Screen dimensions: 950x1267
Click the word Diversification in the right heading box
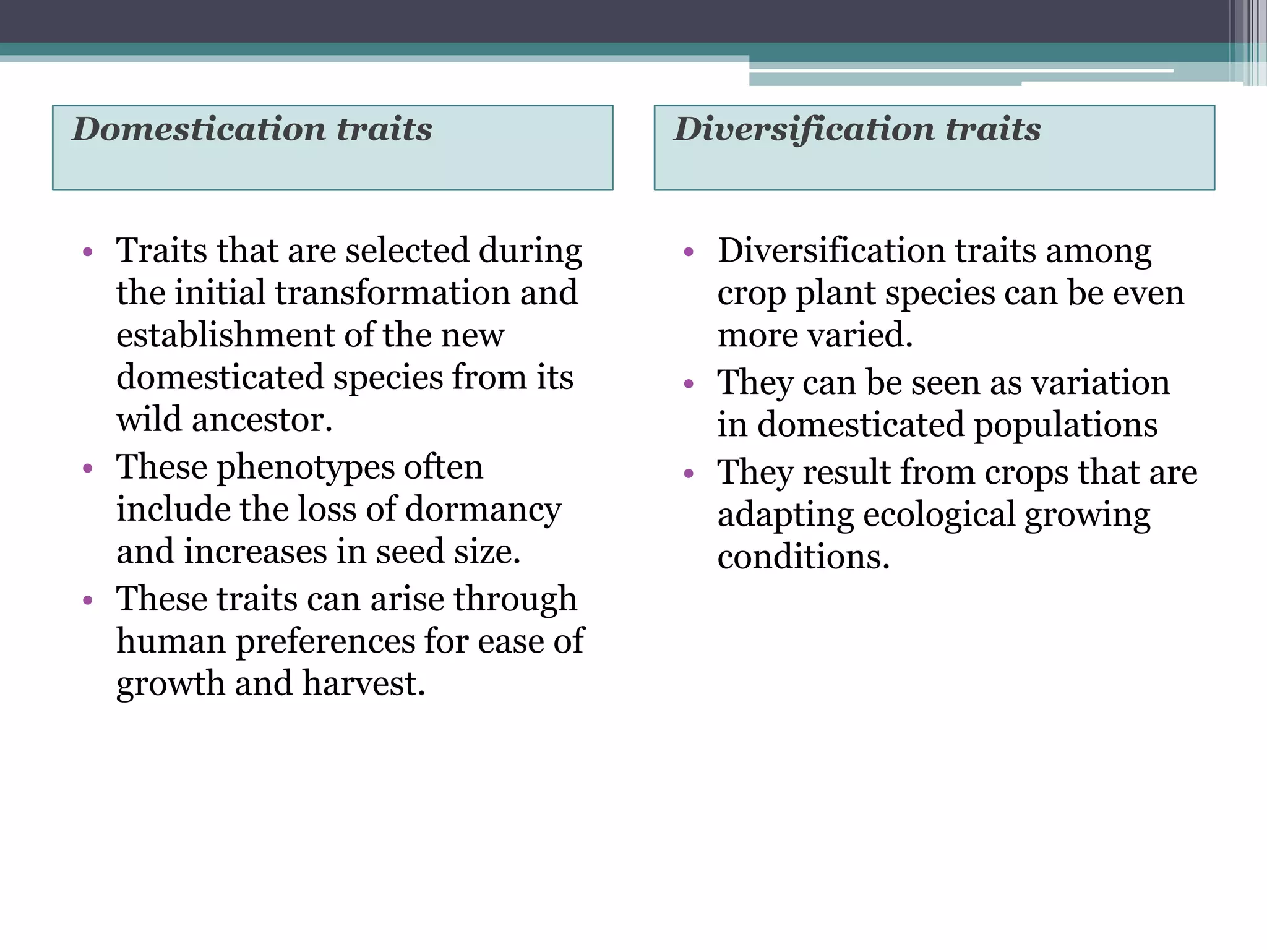(803, 129)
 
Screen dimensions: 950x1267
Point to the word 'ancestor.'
(262, 420)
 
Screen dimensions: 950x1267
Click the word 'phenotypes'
(306, 468)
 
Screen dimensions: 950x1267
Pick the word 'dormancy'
(483, 510)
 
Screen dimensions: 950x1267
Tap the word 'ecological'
(939, 515)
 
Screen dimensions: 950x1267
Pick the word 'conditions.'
(803, 557)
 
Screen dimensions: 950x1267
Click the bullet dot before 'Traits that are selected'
(87, 252)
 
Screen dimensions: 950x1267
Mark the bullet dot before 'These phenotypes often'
(87, 468)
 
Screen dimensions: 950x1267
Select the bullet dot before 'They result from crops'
(689, 474)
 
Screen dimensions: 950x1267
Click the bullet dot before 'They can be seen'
(689, 384)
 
